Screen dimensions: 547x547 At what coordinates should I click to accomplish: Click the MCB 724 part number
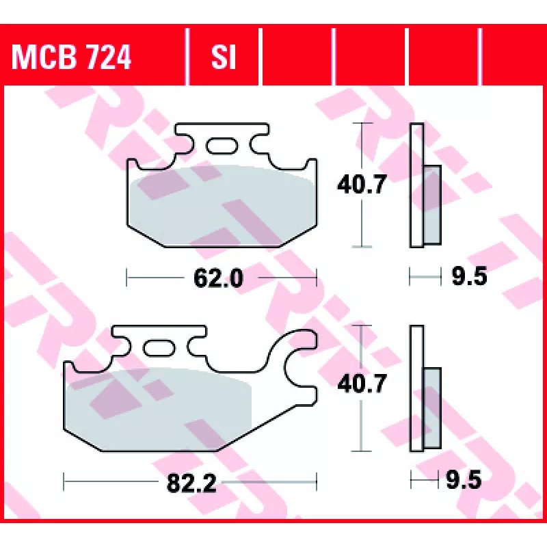[x=71, y=57]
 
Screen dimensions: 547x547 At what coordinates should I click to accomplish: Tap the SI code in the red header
[x=224, y=57]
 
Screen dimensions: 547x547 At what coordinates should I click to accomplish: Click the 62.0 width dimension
[x=218, y=278]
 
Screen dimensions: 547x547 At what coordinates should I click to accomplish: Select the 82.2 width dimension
[x=191, y=483]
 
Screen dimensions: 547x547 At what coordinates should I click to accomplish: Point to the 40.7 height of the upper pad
[x=362, y=184]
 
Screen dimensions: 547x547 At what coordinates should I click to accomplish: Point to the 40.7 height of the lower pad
[x=362, y=383]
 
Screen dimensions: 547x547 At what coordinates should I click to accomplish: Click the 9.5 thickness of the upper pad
[x=469, y=276]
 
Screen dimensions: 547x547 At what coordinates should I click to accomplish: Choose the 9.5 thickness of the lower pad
[x=464, y=480]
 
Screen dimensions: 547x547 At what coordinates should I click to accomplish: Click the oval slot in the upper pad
[x=222, y=146]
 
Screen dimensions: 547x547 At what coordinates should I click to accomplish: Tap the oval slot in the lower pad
[x=159, y=348]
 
